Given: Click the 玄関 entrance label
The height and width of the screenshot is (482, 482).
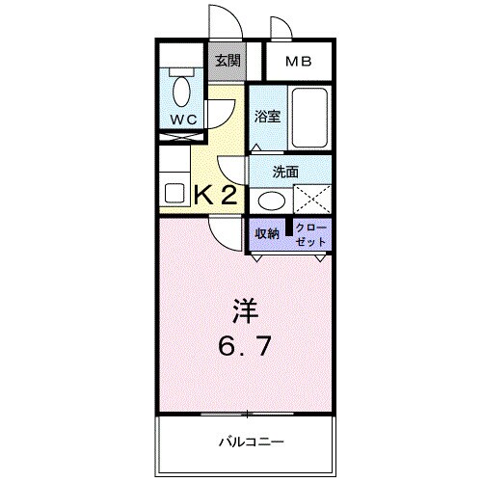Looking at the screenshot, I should click(228, 61).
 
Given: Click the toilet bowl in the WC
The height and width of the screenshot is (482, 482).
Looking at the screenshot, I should click(178, 92).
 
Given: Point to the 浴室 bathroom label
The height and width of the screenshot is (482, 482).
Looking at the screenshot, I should click(267, 117).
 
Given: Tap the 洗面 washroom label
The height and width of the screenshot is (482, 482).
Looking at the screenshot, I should click(284, 172).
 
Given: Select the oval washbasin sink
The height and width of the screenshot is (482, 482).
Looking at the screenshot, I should click(272, 201).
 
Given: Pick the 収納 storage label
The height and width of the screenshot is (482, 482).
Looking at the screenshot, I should click(267, 234).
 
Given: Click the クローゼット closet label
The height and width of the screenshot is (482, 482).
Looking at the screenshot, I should click(311, 234).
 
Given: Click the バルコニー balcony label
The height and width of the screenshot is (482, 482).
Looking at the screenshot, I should click(249, 442).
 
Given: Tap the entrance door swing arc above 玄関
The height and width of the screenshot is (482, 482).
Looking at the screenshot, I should click(220, 21).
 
